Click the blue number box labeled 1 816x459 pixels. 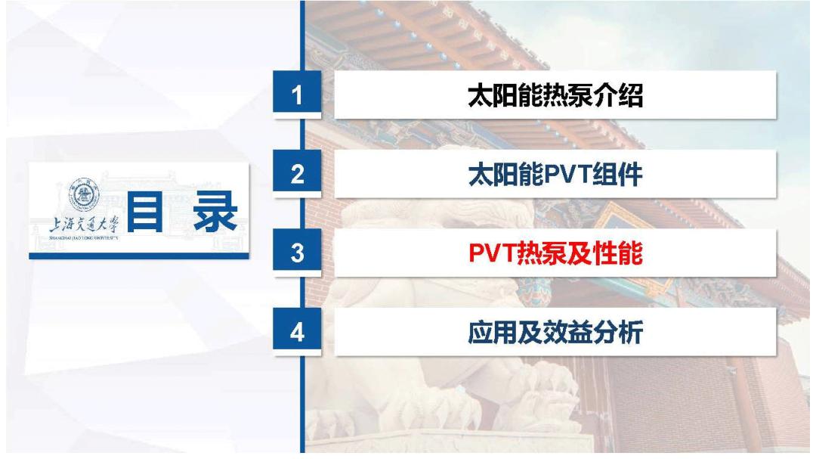(299, 95)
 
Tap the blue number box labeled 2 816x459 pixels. (299, 175)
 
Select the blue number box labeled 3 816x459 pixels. (299, 254)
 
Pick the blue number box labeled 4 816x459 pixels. (299, 333)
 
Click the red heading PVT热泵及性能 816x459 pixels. (555, 254)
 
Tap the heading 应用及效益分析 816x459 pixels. (555, 333)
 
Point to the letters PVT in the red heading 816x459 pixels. (491, 254)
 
